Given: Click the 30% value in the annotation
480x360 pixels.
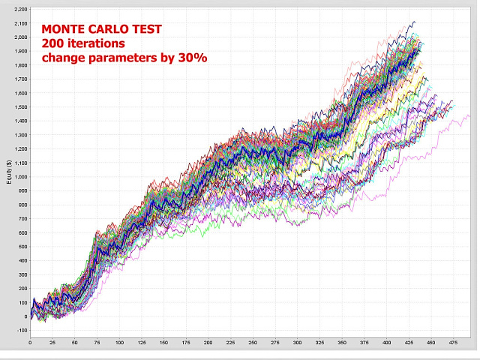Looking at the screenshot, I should tap(191, 57).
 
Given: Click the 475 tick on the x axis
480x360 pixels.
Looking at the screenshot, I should tap(454, 343).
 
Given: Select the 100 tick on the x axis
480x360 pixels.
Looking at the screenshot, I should tap(119, 343).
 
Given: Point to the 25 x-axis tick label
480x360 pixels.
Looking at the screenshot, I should tap(52, 343).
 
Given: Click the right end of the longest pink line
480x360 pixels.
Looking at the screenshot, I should tap(469, 116).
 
